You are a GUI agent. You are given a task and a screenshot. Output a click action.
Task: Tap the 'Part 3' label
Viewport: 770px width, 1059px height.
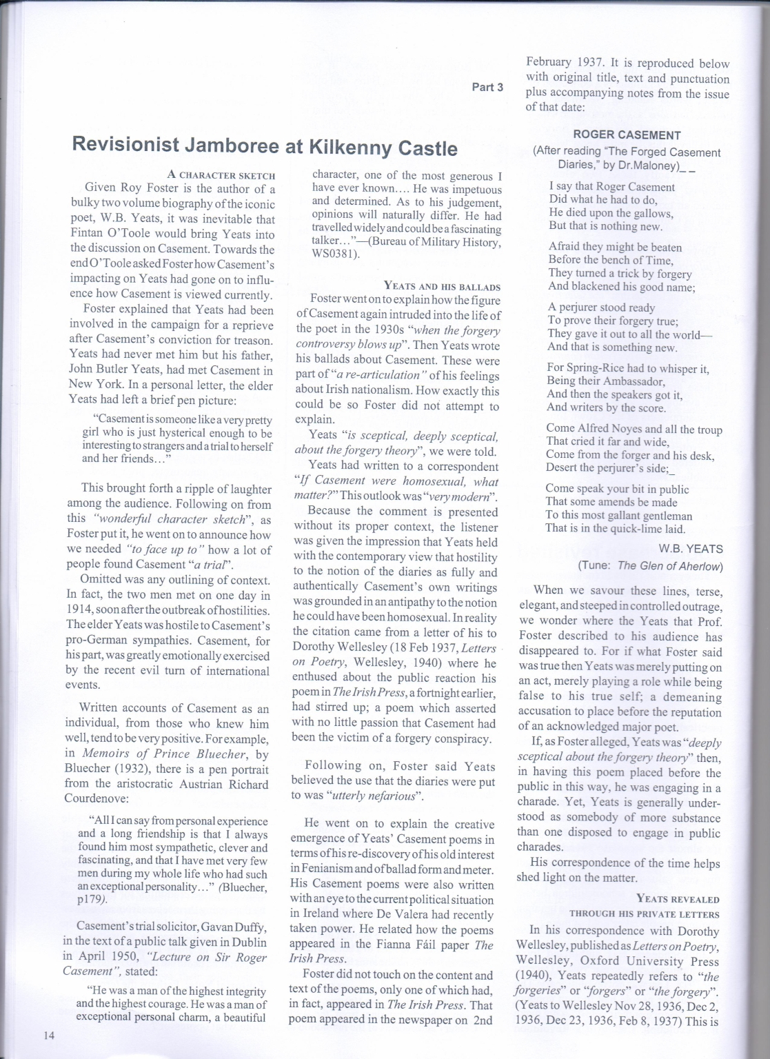[x=487, y=87]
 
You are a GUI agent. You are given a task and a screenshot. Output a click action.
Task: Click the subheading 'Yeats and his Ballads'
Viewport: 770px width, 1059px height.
[x=442, y=286]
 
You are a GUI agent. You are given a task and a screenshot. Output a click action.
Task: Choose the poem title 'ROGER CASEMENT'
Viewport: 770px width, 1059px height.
[x=627, y=135]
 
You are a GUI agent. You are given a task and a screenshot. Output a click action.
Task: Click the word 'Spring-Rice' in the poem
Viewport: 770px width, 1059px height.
[x=597, y=369]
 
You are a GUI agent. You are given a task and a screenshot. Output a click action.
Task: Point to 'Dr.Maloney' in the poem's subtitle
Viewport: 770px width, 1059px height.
[x=652, y=165]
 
